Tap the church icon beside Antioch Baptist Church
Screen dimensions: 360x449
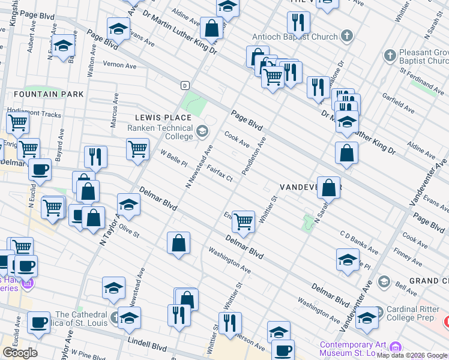pyautogui.click(x=346, y=37)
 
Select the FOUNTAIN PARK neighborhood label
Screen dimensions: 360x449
pyautogui.click(x=40, y=94)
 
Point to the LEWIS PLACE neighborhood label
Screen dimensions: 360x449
pyautogui.click(x=154, y=118)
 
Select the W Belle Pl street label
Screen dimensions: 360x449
pyautogui.click(x=174, y=158)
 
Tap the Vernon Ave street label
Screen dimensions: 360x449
pyautogui.click(x=119, y=65)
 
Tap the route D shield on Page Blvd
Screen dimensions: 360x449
pyautogui.click(x=185, y=85)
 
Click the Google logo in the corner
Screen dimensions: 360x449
pyautogui.click(x=20, y=353)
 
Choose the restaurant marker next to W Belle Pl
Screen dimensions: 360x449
pyautogui.click(x=95, y=157)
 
